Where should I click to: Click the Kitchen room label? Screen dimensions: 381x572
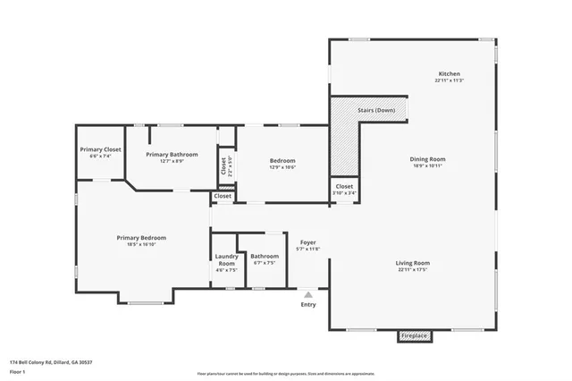click(449, 73)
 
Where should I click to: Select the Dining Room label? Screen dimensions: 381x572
click(427, 159)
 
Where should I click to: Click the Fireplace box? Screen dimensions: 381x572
click(414, 335)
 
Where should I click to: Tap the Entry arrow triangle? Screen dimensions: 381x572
click(308, 292)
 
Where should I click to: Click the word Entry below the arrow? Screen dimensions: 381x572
click(308, 305)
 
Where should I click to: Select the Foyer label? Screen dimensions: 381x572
click(307, 242)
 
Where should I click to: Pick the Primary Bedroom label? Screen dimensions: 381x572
click(141, 238)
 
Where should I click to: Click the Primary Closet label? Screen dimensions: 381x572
click(100, 149)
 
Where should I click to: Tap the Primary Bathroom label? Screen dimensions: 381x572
click(172, 155)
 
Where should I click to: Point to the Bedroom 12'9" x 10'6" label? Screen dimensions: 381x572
click(282, 161)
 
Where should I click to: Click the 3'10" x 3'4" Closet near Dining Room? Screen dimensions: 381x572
click(344, 187)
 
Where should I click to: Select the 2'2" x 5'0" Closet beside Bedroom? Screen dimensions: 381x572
click(224, 165)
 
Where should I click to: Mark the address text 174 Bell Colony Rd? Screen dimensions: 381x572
click(50, 362)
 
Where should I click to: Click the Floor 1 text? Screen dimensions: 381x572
click(18, 369)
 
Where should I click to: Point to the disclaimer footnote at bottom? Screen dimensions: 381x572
click(285, 373)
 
